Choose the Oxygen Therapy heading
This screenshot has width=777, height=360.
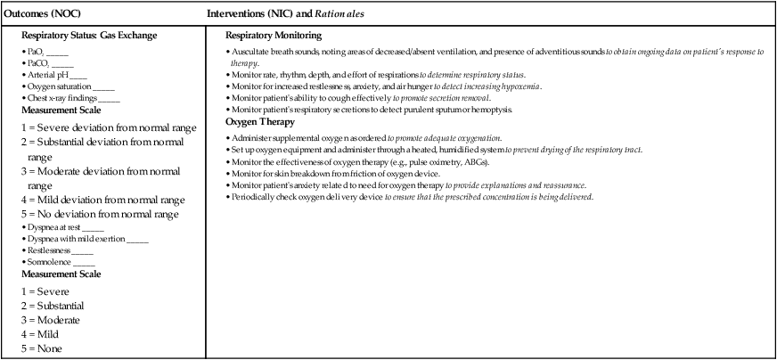click(x=259, y=121)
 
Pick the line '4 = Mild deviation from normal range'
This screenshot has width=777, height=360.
click(x=102, y=200)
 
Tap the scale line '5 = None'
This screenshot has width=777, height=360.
click(x=48, y=348)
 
